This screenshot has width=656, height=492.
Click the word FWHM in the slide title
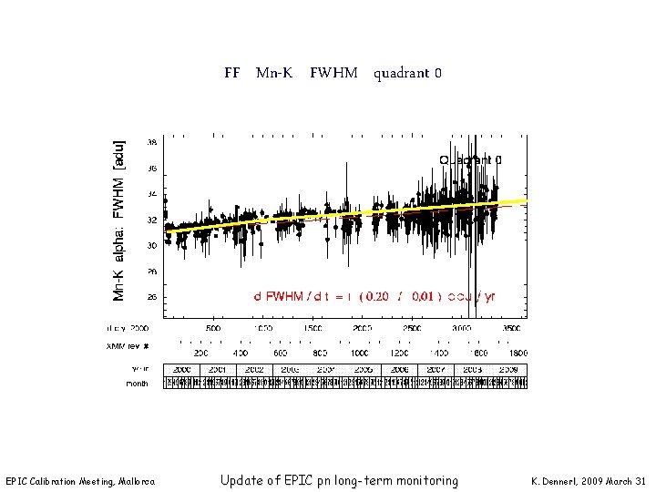[x=333, y=72]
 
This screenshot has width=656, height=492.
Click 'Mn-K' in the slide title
[x=274, y=72]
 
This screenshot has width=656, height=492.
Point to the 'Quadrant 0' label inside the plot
[x=471, y=159]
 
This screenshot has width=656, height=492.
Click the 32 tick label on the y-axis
[x=151, y=220]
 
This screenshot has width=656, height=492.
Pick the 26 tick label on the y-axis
[x=151, y=297]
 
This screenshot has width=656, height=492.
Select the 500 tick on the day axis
[x=212, y=327]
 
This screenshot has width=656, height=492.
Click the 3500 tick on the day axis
[x=513, y=327]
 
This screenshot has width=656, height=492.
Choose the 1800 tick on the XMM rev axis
[x=517, y=352]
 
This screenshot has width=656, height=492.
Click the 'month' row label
[x=137, y=384]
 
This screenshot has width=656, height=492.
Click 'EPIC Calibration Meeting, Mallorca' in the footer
[x=80, y=481]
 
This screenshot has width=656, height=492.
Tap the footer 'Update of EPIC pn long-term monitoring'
[x=339, y=480]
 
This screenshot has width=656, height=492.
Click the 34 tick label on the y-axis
[x=151, y=194]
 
